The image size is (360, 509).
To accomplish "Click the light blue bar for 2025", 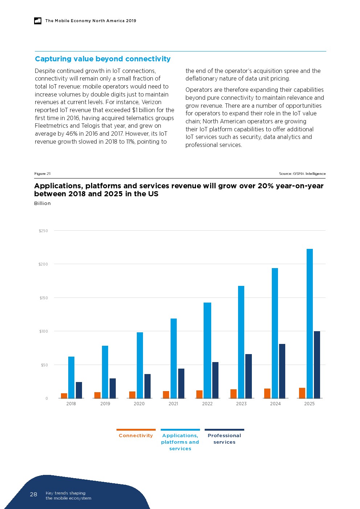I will click(310, 323).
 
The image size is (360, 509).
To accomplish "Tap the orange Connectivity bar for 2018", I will click(64, 395).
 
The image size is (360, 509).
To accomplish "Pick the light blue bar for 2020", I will click(140, 365).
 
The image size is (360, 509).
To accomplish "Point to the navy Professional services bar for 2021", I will click(181, 383).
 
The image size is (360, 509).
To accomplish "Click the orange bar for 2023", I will click(233, 394).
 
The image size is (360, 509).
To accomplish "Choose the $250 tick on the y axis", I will click(43, 231).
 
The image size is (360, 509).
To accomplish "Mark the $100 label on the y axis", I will click(43, 331).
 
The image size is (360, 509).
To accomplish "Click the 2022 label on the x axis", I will click(207, 404).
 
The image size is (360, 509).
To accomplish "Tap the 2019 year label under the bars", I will click(105, 404).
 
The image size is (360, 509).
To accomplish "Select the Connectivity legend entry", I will click(136, 435).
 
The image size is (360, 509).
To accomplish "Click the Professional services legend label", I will click(224, 439).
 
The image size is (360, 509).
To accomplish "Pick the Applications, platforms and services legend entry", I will click(180, 442).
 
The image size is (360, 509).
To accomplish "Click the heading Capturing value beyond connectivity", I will click(103, 59).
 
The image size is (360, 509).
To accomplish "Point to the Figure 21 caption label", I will click(42, 174).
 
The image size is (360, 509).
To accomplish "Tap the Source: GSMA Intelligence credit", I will click(302, 174).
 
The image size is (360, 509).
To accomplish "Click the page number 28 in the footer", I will click(33, 494).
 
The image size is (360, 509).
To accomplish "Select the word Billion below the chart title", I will click(42, 204).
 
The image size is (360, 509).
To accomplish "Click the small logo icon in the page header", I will click(38, 21).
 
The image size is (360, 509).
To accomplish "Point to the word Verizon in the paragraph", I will click(151, 102).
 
